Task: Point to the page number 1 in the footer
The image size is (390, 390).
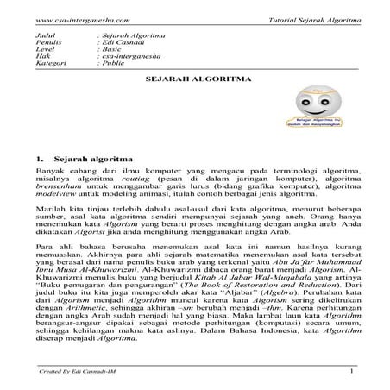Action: coord(353,371)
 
